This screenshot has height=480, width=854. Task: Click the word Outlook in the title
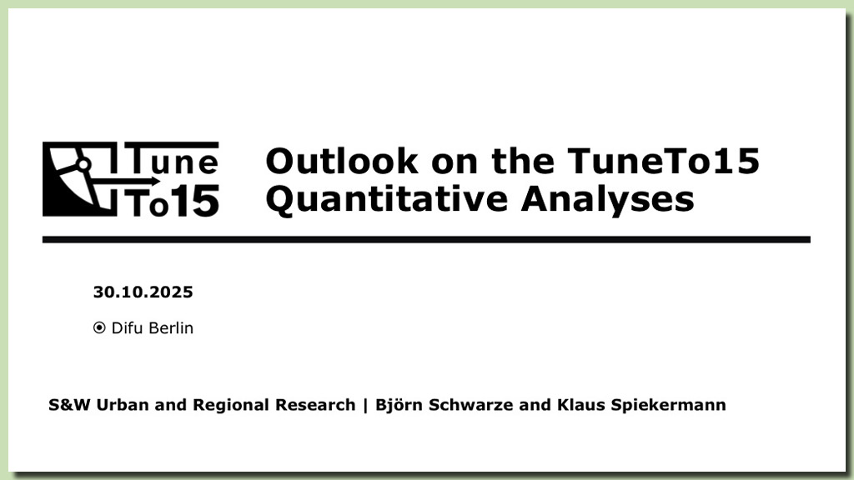click(342, 161)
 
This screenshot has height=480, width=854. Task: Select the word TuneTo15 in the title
click(663, 161)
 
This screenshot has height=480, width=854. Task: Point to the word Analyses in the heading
click(607, 200)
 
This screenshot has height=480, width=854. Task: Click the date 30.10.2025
click(143, 292)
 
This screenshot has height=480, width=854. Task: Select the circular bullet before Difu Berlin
click(99, 327)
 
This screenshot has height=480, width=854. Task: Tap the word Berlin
click(171, 327)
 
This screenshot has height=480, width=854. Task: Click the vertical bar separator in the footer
click(365, 406)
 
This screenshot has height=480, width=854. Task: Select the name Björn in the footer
click(399, 406)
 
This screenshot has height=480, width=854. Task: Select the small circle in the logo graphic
click(83, 164)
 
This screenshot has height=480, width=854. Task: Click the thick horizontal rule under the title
click(426, 239)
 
